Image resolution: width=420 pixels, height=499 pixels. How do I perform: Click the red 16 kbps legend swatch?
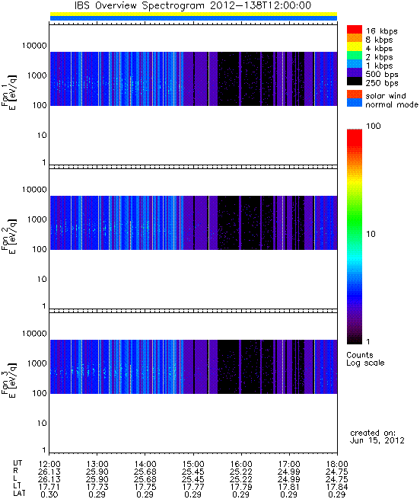[355, 29]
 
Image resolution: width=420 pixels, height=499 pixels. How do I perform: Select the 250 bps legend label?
[381, 83]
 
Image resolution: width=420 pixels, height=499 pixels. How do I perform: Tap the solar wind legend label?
[385, 96]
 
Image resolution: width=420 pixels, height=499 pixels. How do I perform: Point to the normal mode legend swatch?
[355, 103]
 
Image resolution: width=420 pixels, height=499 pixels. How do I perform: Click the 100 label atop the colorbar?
[374, 126]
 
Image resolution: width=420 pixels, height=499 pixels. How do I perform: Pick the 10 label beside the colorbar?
[371, 234]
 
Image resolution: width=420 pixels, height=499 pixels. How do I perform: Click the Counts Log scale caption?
[365, 359]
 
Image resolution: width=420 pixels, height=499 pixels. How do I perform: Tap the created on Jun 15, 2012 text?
[377, 437]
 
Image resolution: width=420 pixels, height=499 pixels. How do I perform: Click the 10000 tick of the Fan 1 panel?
[34, 46]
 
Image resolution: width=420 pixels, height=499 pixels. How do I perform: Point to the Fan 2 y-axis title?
[8, 236]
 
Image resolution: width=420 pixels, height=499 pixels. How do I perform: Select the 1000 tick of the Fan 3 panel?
[37, 363]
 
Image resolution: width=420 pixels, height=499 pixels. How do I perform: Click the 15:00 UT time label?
[193, 464]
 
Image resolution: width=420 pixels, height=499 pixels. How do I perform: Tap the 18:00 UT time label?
[337, 464]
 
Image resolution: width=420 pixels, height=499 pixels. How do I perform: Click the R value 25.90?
[97, 472]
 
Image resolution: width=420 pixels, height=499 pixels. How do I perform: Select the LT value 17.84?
[337, 487]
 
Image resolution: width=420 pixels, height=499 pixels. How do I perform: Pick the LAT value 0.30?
[49, 494]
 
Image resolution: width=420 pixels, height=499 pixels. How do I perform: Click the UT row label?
[17, 463]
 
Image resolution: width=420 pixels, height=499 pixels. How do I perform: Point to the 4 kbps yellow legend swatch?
[355, 46]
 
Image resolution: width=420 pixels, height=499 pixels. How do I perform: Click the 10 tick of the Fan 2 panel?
[42, 279]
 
